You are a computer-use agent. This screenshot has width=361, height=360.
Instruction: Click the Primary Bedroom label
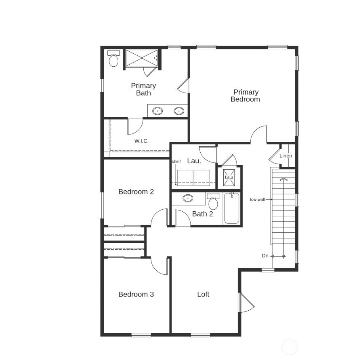[x=245, y=96]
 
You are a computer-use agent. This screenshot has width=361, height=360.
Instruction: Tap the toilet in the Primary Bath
[x=113, y=59]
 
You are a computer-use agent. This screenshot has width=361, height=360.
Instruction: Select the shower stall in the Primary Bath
[x=141, y=59]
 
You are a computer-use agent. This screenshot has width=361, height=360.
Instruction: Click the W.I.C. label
[x=141, y=141]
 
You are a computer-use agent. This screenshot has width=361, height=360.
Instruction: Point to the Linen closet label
[x=285, y=156]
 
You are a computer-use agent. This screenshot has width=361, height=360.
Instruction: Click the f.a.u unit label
[x=229, y=177]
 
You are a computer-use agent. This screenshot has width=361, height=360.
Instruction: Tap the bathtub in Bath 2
[x=232, y=209]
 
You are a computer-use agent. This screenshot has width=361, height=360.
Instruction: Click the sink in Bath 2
[x=188, y=198]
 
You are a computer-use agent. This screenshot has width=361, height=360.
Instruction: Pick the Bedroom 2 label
[x=136, y=192]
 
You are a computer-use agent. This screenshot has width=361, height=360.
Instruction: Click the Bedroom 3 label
[x=136, y=295]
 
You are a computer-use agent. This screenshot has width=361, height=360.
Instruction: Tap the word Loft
[x=203, y=295]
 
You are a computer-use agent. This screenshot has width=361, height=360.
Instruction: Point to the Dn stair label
[x=265, y=256]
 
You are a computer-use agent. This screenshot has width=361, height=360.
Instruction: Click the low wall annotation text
[x=257, y=200]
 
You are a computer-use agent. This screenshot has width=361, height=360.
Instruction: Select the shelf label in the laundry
[x=176, y=162]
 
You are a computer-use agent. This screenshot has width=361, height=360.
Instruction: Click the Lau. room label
[x=194, y=161]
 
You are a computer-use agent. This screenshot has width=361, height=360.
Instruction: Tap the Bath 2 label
[x=202, y=214]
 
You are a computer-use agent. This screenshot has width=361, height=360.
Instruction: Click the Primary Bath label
[x=143, y=89]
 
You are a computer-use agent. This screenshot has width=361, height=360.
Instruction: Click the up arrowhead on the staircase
[x=283, y=178]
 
